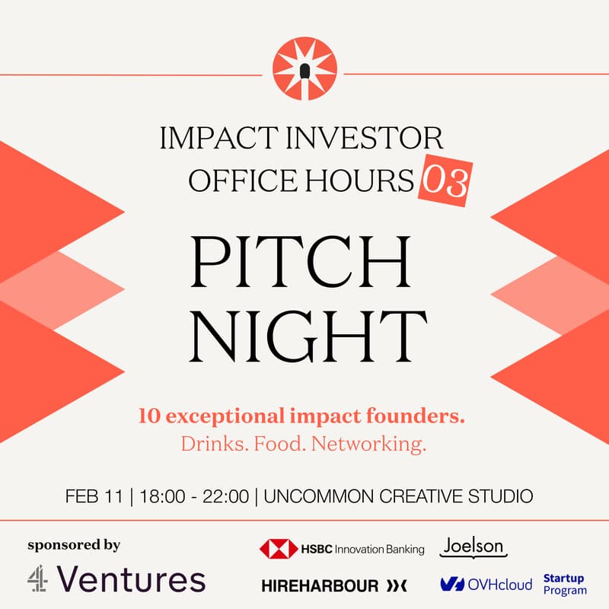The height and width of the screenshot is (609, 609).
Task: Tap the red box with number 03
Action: tap(445, 182)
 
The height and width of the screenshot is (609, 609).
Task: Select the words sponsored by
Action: tap(74, 544)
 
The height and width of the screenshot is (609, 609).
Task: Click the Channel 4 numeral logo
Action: tap(38, 579)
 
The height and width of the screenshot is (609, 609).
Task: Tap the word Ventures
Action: tap(130, 579)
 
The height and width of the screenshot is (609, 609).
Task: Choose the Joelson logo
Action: tap(473, 547)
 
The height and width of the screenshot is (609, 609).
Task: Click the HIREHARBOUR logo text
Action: tap(320, 585)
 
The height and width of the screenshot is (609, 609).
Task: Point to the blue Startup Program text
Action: tap(564, 585)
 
